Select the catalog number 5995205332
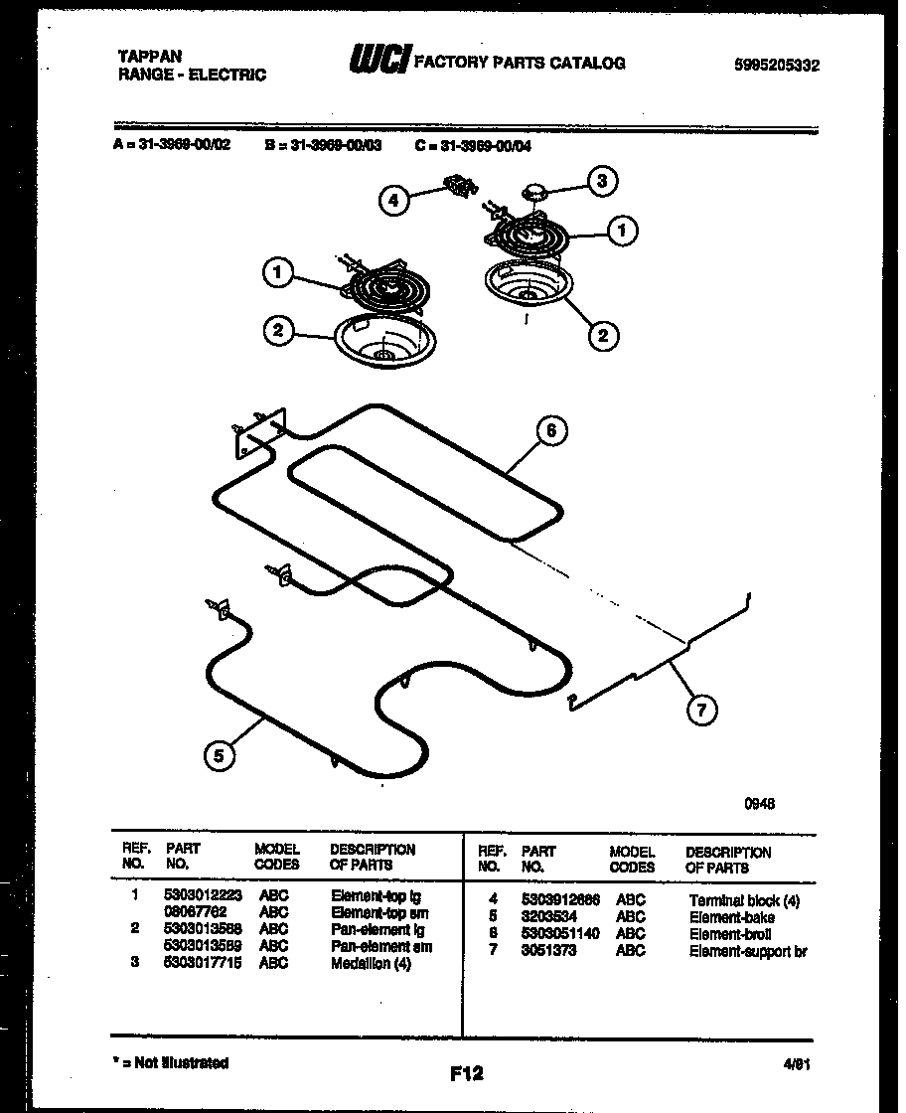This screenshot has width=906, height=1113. click(x=777, y=66)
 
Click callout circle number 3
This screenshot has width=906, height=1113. click(x=600, y=181)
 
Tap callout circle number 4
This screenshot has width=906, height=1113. click(x=394, y=201)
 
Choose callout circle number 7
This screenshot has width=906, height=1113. click(x=702, y=710)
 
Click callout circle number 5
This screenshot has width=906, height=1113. click(x=219, y=756)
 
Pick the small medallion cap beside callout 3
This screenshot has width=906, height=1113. click(x=536, y=190)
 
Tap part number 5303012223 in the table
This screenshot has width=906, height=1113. click(x=202, y=895)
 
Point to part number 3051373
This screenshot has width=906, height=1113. click(x=547, y=951)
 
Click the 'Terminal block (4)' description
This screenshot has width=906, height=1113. click(x=743, y=900)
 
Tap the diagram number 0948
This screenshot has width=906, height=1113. click(x=760, y=804)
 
